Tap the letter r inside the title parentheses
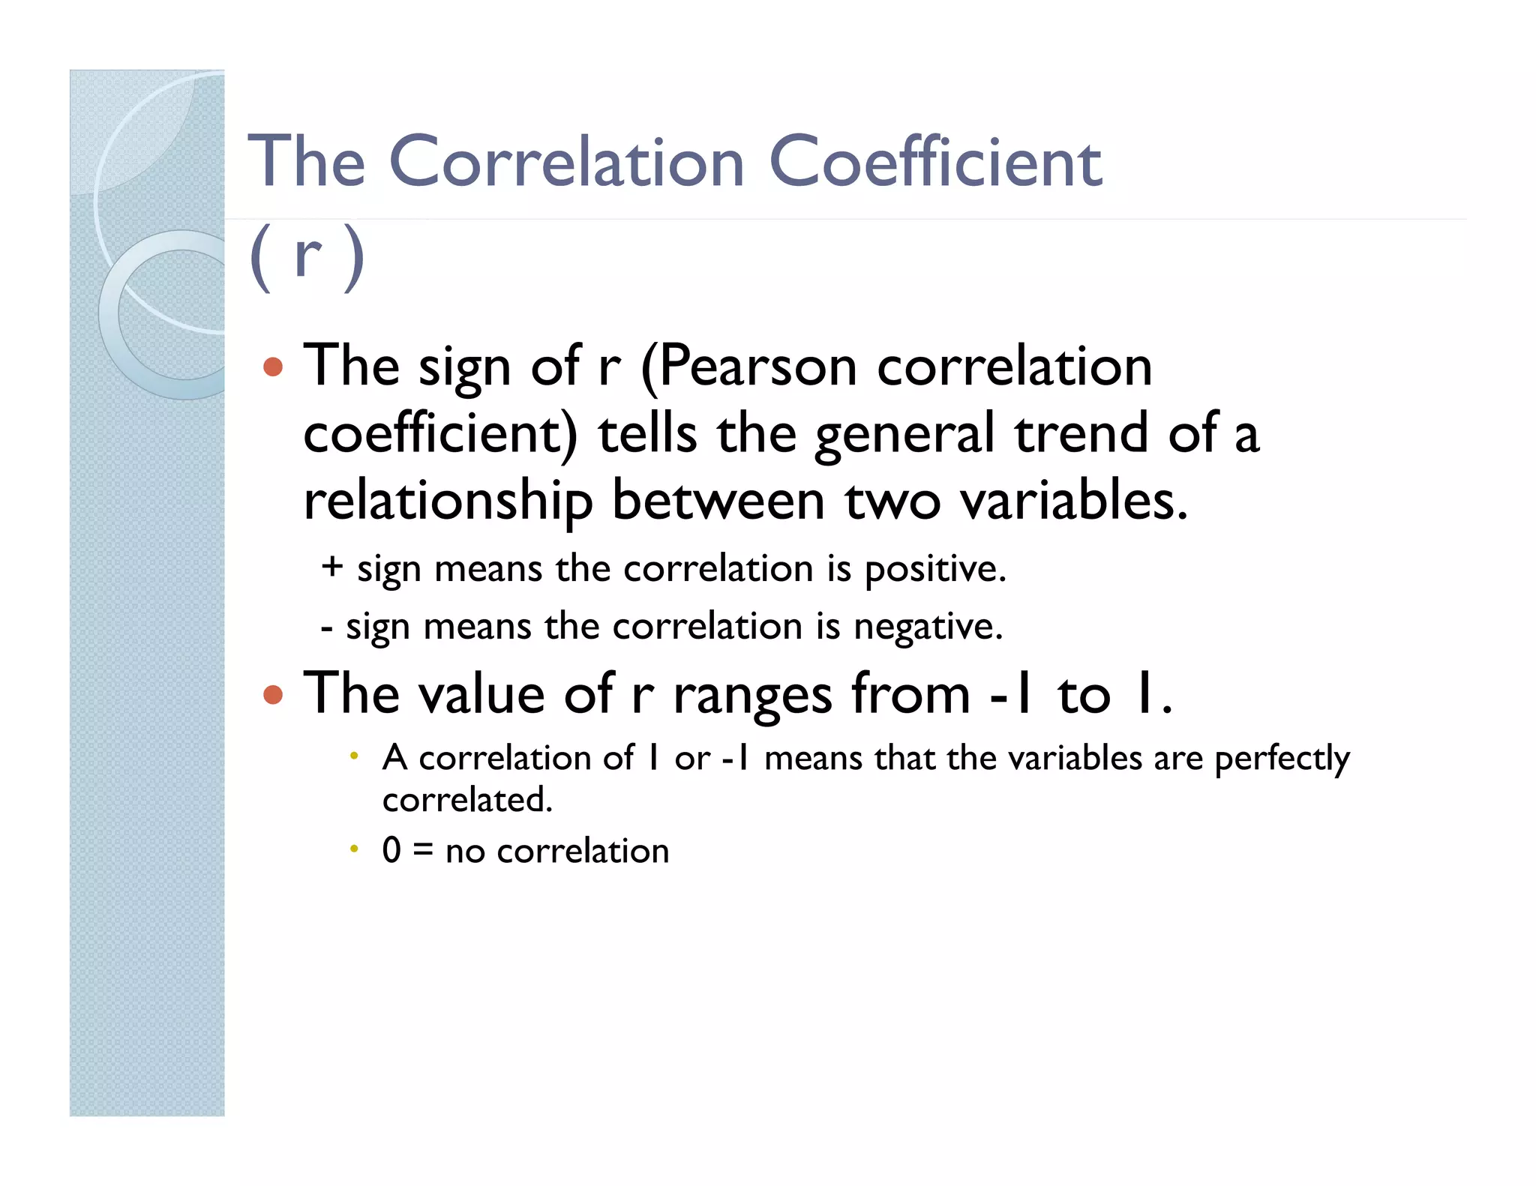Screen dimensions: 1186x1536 pos(307,256)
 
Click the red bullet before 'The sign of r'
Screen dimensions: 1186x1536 pos(273,367)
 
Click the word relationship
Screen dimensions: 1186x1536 pos(448,501)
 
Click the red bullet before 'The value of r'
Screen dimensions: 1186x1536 pos(273,695)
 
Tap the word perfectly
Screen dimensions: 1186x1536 pos(1281,759)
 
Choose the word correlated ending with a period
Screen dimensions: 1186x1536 pos(466,800)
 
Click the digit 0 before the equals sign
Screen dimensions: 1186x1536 pos(391,850)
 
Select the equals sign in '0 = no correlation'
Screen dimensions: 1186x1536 pos(423,851)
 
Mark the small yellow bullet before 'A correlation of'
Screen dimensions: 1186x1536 pos(354,755)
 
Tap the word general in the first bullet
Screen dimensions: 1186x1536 pos(904,435)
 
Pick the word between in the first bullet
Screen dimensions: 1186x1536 pos(718,500)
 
